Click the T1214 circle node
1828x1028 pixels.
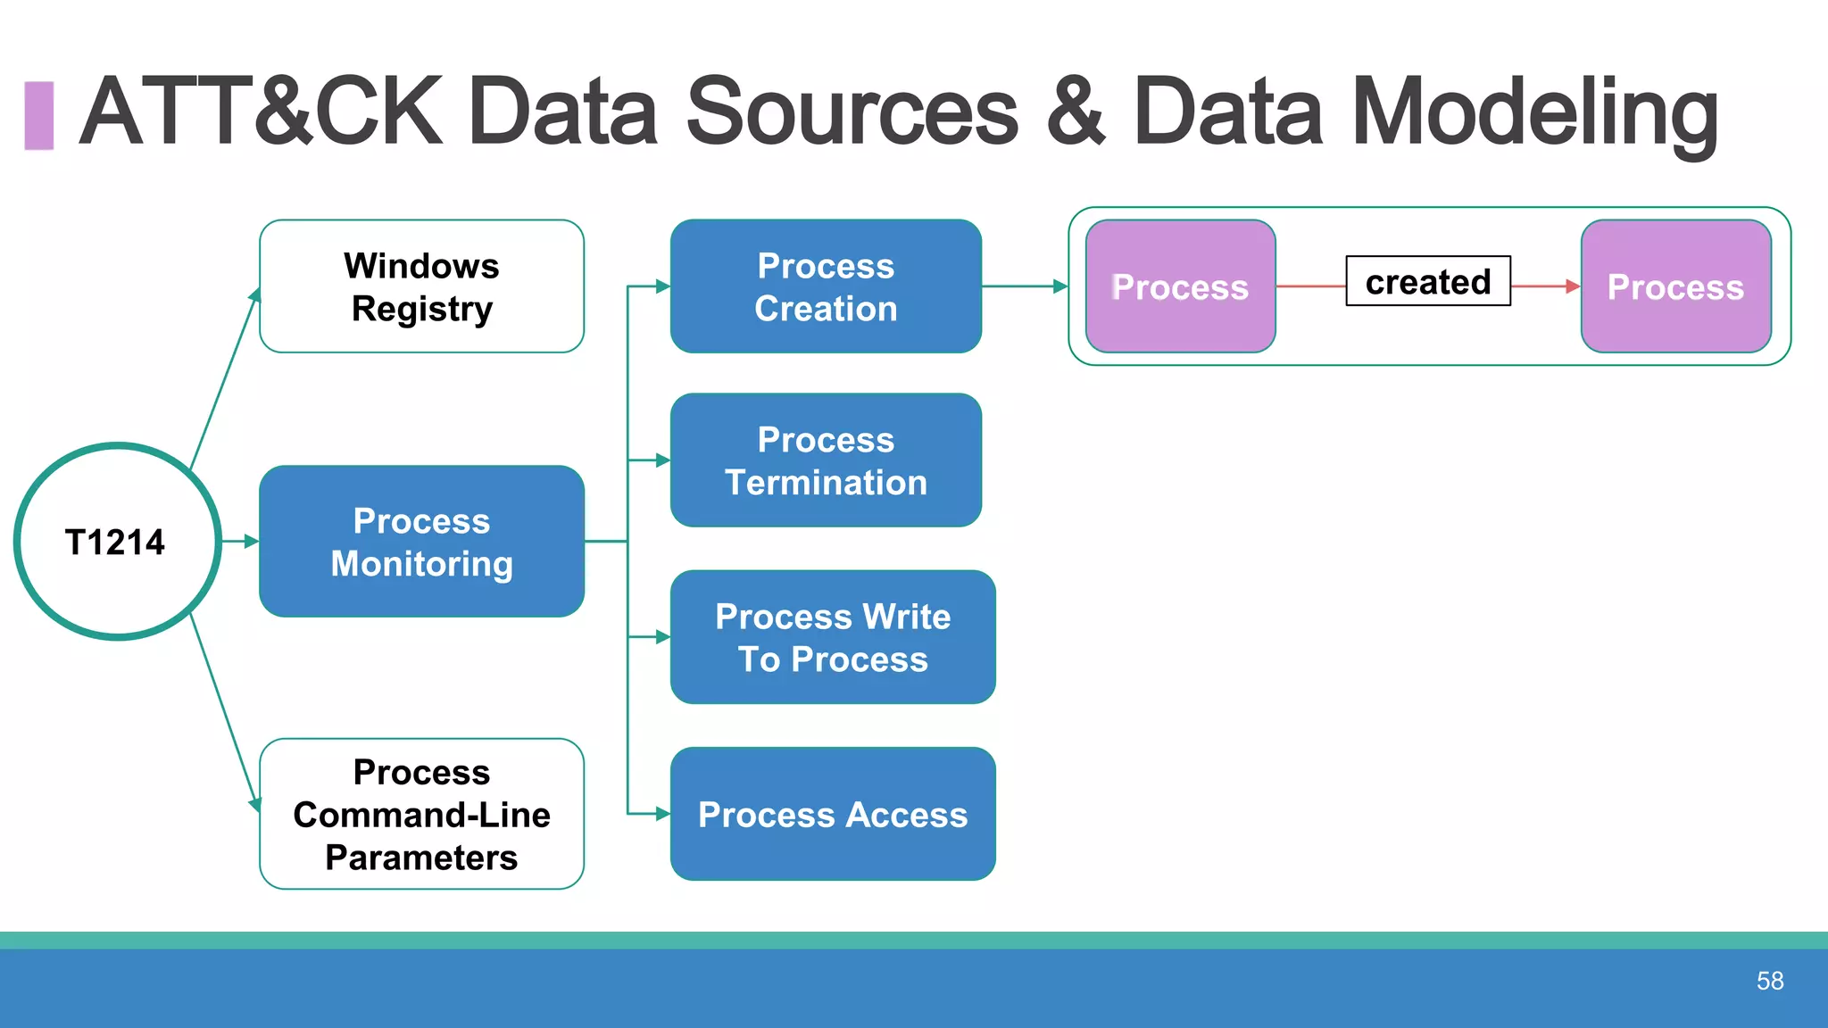click(117, 542)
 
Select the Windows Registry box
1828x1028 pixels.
click(421, 286)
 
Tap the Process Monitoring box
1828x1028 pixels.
click(421, 542)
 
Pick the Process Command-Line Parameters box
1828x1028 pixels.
click(421, 814)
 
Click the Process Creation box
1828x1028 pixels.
click(826, 286)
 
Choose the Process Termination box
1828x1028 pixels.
click(826, 460)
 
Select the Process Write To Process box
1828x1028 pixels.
click(832, 637)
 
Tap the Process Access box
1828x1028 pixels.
click(832, 814)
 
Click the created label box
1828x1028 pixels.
click(1427, 281)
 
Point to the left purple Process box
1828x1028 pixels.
click(1180, 286)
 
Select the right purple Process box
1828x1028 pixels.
click(1675, 286)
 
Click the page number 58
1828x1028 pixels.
click(1769, 981)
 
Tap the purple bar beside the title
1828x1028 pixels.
click(38, 115)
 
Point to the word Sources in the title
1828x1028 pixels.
click(852, 112)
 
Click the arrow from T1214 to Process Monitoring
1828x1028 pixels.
click(239, 541)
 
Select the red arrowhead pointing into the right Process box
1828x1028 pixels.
click(1573, 286)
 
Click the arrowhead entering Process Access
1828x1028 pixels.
click(662, 814)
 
